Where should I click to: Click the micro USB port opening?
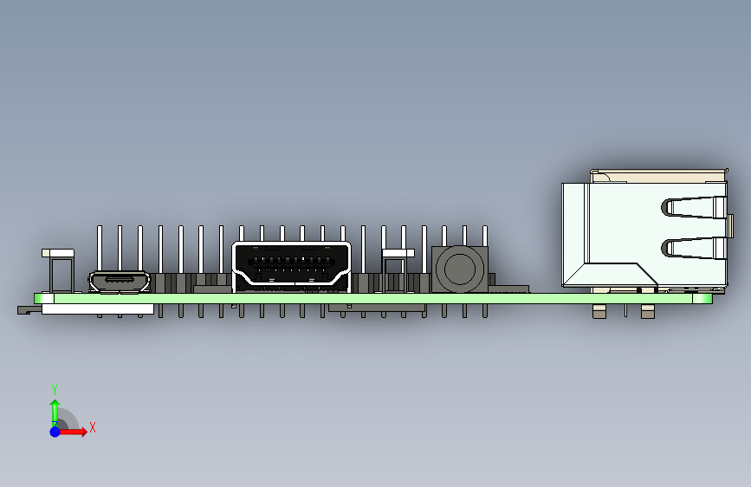pos(120,281)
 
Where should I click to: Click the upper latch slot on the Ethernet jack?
pos(694,208)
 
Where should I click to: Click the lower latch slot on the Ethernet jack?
pos(694,249)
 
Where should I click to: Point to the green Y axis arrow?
pos(55,408)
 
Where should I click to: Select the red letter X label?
pos(92,427)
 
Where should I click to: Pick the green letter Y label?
pos(55,389)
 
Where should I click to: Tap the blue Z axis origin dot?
pos(55,431)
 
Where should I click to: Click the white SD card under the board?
pos(97,308)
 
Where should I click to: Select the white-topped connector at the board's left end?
pos(59,253)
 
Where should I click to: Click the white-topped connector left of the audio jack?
pos(398,253)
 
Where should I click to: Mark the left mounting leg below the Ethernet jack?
pos(598,310)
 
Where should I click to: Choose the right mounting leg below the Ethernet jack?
pos(647,310)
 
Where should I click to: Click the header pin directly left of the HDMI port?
pos(221,251)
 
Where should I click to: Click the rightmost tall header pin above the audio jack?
pos(484,235)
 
